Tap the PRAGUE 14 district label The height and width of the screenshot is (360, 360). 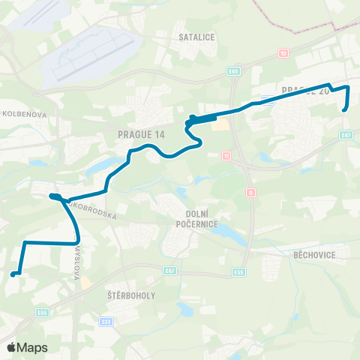point(141,134)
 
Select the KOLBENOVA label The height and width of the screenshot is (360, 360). point(25,115)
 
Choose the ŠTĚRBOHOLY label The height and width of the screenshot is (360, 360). point(131,295)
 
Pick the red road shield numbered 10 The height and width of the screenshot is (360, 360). point(283,53)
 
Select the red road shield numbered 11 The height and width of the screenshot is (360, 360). point(226,155)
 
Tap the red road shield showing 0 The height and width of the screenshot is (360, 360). point(249,192)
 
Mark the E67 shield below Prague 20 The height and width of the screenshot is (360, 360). point(346,136)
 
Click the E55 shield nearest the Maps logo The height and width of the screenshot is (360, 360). point(43,313)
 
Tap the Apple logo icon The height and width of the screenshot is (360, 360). point(12,347)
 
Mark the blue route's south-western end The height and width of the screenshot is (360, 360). point(13,274)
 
